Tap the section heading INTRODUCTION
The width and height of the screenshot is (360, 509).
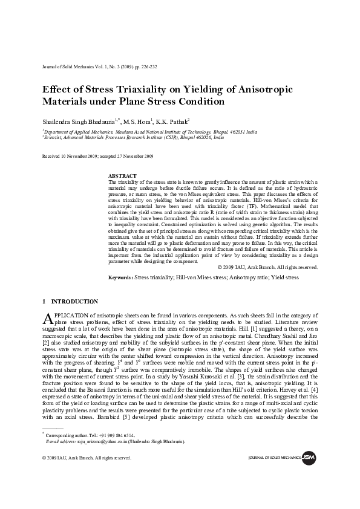[x=74, y=302]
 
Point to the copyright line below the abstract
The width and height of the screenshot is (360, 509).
[x=267, y=267]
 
